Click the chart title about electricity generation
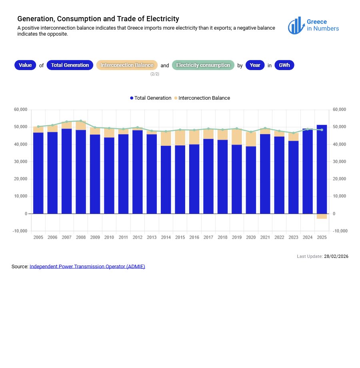tap(98, 19)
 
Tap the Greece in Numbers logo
tap(313, 25)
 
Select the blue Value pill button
tap(25, 65)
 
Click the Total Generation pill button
tap(70, 65)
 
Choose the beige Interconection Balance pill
tap(127, 65)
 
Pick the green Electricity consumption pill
tap(203, 65)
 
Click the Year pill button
tap(255, 65)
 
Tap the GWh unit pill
tap(284, 65)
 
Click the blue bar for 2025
tap(322, 168)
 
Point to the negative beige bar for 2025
tap(322, 216)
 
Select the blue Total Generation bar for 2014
tap(166, 180)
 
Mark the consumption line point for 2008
tap(81, 121)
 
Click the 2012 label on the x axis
tap(137, 237)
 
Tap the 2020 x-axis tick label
tap(251, 237)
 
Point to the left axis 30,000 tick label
tap(20, 162)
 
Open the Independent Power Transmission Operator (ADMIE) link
tap(87, 266)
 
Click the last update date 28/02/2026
tap(336, 256)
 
